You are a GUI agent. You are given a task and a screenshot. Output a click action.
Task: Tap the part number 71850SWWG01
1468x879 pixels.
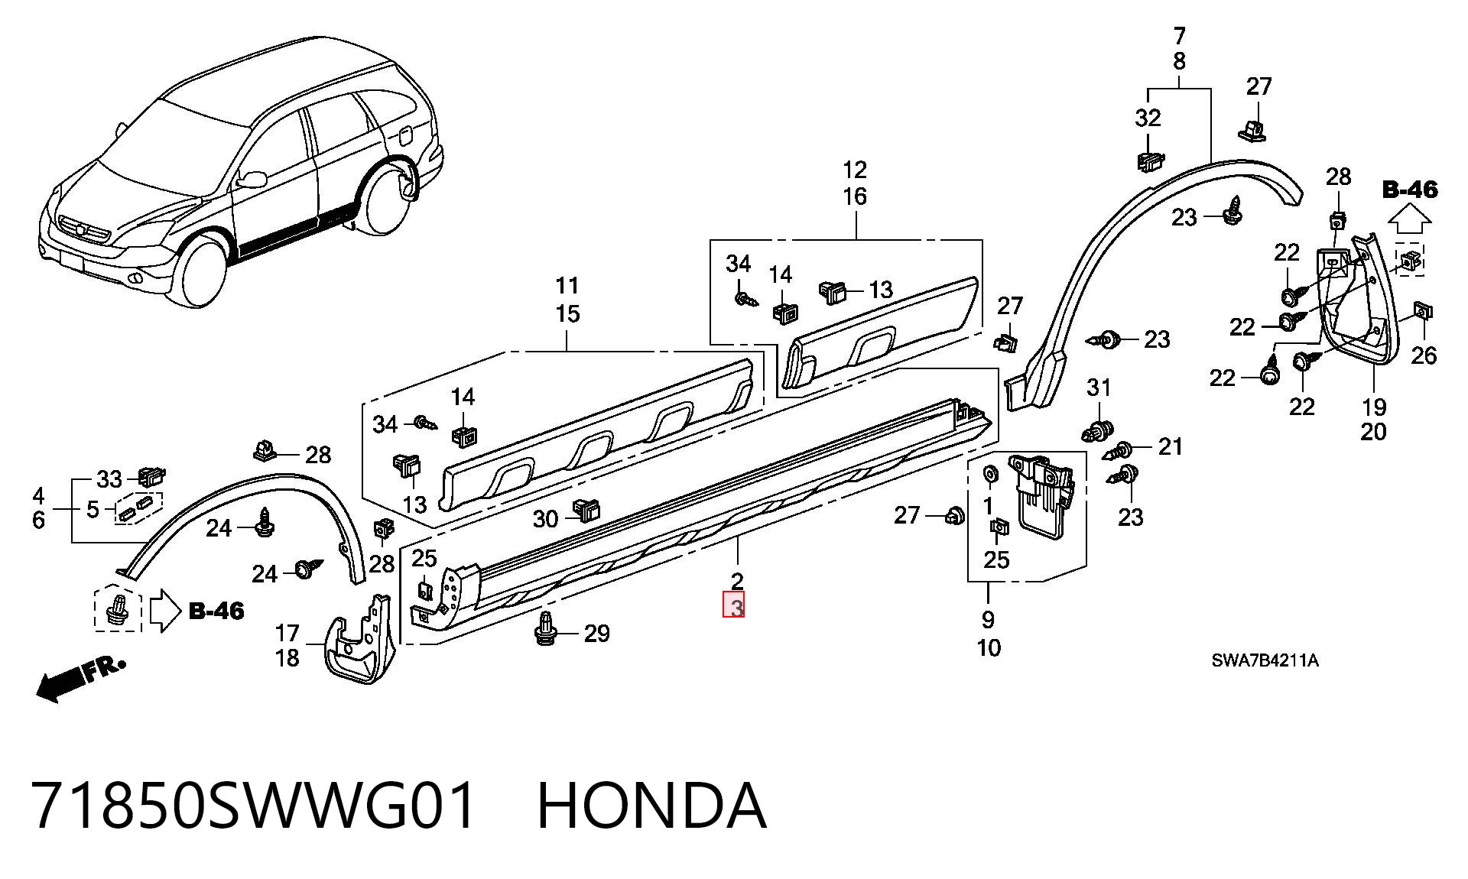(x=255, y=806)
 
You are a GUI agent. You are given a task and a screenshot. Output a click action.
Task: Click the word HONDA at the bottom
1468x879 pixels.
(x=651, y=806)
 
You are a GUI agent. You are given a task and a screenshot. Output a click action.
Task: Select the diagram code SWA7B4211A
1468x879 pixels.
(x=1265, y=661)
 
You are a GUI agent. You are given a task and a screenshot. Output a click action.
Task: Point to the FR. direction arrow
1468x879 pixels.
(x=80, y=679)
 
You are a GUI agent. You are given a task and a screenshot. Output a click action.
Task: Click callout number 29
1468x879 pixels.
(x=597, y=633)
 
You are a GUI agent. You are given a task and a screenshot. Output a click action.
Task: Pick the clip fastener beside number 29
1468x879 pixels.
(x=546, y=628)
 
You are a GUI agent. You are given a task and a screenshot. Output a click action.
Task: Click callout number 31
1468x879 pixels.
(x=1099, y=388)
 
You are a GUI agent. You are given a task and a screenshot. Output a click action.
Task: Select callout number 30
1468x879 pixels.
(x=545, y=519)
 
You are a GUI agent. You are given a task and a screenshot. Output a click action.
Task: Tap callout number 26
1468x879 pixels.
(x=1424, y=355)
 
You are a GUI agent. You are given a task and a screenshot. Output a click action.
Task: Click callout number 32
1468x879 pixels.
(x=1148, y=118)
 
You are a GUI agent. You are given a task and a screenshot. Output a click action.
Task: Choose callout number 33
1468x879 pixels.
(x=109, y=479)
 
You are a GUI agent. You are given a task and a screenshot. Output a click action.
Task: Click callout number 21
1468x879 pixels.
(x=1170, y=446)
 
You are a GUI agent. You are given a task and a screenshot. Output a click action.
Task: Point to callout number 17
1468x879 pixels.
(x=287, y=633)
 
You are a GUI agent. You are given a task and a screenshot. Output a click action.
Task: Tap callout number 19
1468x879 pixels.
(x=1373, y=407)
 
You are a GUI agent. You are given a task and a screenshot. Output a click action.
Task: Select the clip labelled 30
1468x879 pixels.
(x=586, y=510)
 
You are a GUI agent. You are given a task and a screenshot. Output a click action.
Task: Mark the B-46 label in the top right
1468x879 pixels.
(x=1410, y=189)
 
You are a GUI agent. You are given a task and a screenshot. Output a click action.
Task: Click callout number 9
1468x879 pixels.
(x=988, y=619)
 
